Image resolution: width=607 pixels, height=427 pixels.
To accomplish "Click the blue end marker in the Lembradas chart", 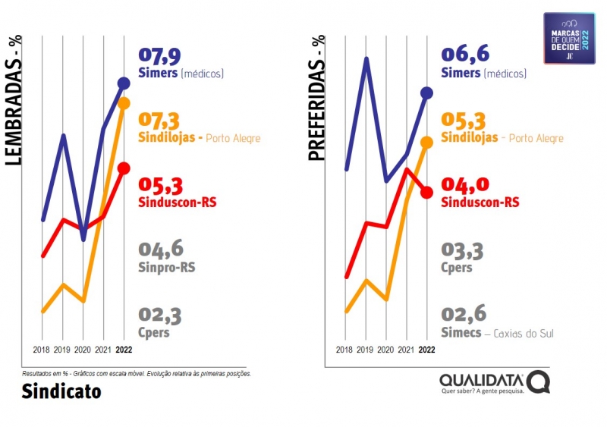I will tap(124, 83).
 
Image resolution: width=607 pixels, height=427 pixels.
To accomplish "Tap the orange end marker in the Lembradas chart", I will tap(124, 103).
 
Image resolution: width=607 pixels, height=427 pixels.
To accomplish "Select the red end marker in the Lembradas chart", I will tap(124, 168).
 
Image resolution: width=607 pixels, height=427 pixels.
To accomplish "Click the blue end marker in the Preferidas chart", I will tap(426, 93).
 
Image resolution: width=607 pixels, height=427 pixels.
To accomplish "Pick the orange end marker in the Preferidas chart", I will tap(426, 142).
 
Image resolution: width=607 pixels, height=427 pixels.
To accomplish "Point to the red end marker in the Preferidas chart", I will tap(426, 192).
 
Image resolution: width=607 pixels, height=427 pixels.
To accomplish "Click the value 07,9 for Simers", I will tap(160, 56).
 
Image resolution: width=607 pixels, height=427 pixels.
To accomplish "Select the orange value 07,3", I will tap(160, 121).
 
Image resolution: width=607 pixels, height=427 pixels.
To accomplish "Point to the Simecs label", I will tap(461, 332).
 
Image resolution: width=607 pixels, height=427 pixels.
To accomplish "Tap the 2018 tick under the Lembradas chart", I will tap(42, 350).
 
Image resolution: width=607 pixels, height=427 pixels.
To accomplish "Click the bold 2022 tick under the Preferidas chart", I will tap(426, 350).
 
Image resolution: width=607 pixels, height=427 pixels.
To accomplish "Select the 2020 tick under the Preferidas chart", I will tap(385, 350).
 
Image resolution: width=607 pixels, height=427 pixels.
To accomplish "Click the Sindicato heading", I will tap(61, 392).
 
